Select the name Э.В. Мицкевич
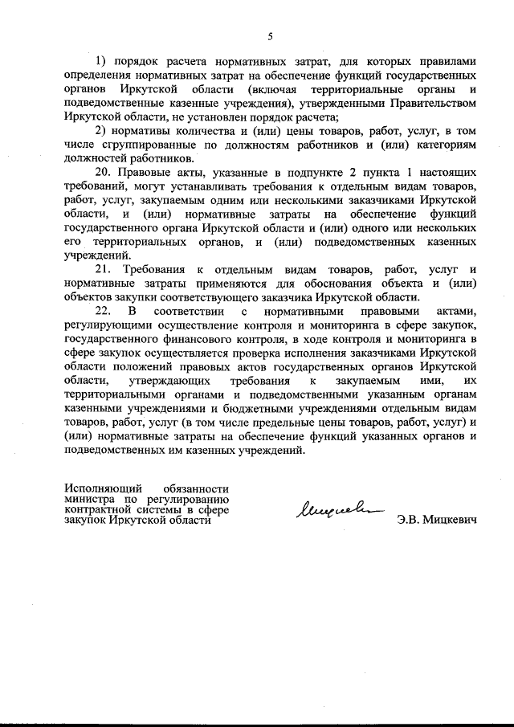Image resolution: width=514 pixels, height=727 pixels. (x=437, y=520)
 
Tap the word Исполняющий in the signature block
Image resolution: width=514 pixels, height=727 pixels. (x=100, y=488)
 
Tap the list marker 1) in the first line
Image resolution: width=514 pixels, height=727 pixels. (x=102, y=62)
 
